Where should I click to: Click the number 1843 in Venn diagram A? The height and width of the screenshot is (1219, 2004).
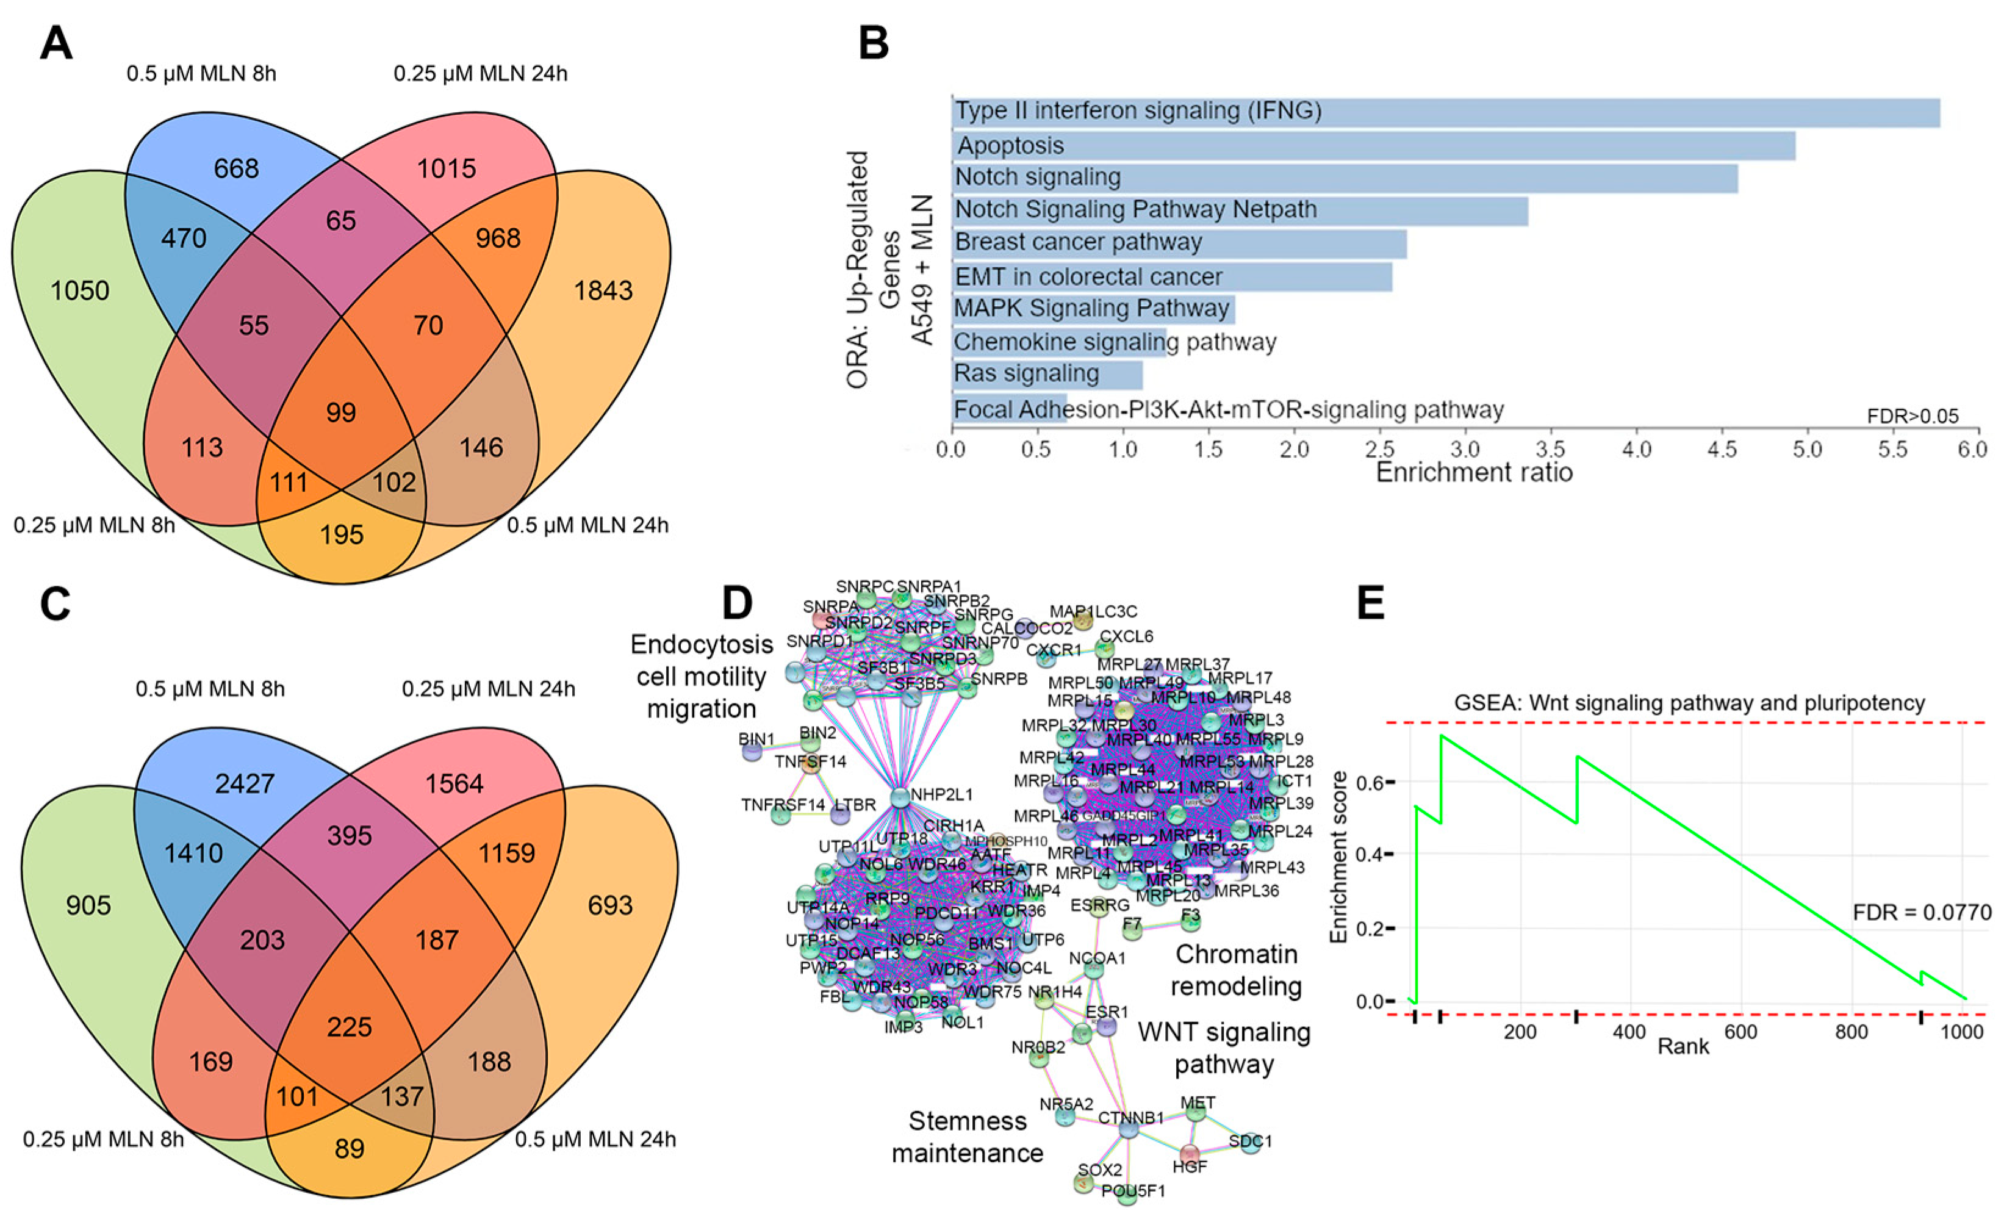pos(603,290)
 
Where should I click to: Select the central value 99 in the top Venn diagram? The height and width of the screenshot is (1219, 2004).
pos(341,412)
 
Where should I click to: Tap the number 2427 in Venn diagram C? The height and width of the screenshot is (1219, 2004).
pos(244,783)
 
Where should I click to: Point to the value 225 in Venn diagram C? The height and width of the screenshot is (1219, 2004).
pos(349,1026)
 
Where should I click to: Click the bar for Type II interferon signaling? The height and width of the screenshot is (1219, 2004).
pos(1445,112)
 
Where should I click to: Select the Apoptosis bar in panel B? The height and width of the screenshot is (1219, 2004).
pos(1373,146)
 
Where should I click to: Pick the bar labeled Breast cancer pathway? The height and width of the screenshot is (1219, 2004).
pos(1179,242)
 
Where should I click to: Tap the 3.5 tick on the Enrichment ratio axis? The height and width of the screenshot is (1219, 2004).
pos(1551,450)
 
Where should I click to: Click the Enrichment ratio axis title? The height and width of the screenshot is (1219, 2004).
pos(1474,472)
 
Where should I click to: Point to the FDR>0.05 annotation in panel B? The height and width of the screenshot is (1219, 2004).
pos(1912,416)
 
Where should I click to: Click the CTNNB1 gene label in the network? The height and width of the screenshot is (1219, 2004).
pos(1130,1118)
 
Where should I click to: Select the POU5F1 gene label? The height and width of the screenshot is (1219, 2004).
pos(1133,1192)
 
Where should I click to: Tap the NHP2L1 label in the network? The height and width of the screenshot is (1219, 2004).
pos(941,794)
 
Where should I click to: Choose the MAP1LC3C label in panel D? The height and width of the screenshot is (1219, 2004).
pos(1093,611)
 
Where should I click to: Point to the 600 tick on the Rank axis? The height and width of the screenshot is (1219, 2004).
pos(1740,1032)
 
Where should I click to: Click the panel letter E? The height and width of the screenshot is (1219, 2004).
pos(1371,604)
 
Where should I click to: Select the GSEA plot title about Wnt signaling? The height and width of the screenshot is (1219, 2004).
pos(1689,703)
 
